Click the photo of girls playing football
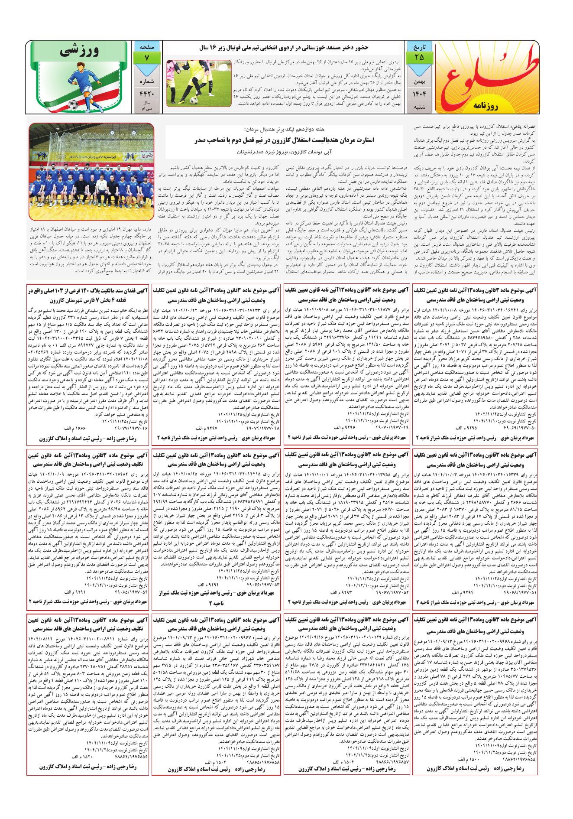click(198, 83)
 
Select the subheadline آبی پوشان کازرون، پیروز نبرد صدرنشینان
click(286, 153)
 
